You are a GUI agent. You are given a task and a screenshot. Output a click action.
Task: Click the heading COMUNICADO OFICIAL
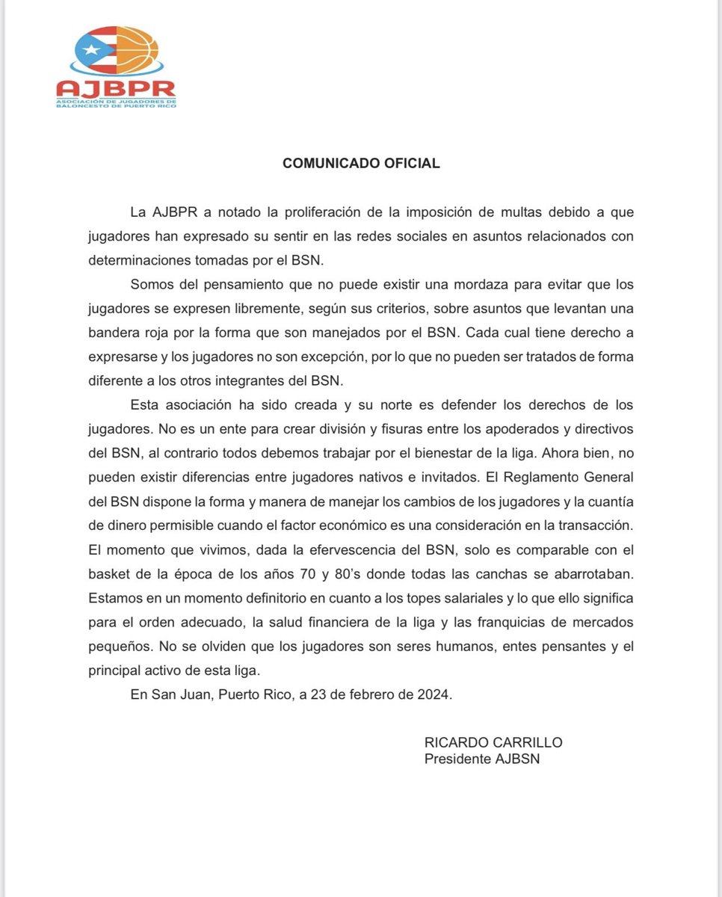(361, 163)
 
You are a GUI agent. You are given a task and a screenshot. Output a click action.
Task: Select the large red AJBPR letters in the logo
(116, 89)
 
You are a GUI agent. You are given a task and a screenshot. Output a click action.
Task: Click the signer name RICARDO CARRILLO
(493, 743)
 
